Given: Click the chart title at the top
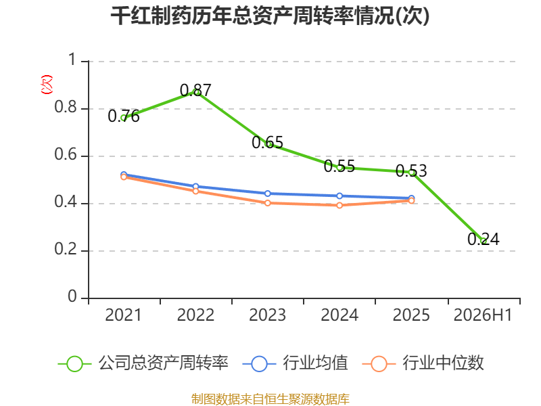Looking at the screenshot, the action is click(x=270, y=16).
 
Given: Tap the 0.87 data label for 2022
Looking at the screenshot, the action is click(x=195, y=91).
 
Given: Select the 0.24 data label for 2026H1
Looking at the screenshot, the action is click(x=484, y=239).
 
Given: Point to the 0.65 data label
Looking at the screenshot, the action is click(x=267, y=142).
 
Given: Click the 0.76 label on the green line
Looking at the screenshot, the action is click(x=124, y=116).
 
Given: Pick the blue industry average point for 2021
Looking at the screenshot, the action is click(x=124, y=175).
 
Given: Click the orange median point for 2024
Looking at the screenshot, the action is click(x=339, y=206).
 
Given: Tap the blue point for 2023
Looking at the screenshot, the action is click(x=267, y=194).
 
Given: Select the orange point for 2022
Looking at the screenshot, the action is click(x=195, y=191).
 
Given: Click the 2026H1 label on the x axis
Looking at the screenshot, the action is click(x=483, y=315).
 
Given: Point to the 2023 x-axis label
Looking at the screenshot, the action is click(x=267, y=315).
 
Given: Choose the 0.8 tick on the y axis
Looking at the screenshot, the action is click(x=66, y=107).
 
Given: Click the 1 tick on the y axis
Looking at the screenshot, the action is click(x=72, y=60).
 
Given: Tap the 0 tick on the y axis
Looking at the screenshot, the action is click(x=72, y=296).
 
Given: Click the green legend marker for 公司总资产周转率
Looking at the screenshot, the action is click(x=74, y=364).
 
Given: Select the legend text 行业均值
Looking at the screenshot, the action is click(x=315, y=363).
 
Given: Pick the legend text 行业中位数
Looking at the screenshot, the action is click(x=443, y=363).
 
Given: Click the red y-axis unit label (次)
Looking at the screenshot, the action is click(x=47, y=85).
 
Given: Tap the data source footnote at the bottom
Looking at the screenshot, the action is click(x=270, y=399).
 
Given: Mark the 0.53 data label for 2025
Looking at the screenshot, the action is click(x=411, y=171).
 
